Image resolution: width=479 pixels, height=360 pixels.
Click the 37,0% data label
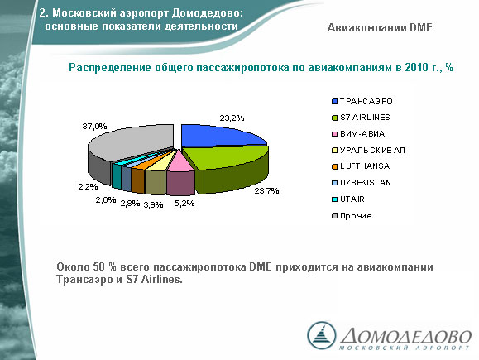94,127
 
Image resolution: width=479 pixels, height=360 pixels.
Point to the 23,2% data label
232,118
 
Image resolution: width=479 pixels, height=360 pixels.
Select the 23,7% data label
266,191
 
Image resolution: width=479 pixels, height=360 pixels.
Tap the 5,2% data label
184,204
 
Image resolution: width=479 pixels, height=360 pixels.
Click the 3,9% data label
153,204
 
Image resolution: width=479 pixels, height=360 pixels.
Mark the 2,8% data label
130,204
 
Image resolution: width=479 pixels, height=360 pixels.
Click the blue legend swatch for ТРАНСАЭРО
334,102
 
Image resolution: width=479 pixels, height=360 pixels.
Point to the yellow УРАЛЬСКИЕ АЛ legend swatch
334,151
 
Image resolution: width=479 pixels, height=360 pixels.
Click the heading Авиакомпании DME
380,28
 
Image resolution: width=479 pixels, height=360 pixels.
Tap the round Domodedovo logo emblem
321,335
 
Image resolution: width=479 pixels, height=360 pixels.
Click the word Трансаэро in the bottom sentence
84,280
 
